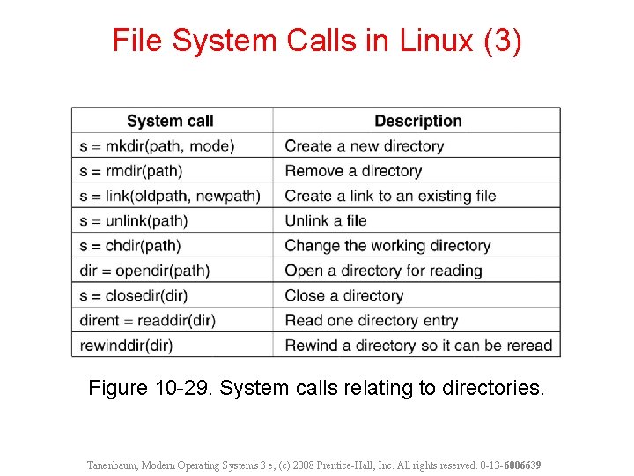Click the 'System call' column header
(170, 121)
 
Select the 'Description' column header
(417, 121)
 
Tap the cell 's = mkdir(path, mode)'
(158, 145)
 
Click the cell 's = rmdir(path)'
(130, 170)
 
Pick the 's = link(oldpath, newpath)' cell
(170, 196)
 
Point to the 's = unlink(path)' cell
(134, 220)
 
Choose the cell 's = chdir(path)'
(130, 245)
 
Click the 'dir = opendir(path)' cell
(144, 271)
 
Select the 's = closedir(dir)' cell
(134, 295)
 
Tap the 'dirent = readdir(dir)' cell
(147, 320)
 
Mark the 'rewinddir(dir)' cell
(126, 346)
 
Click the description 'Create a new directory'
(364, 145)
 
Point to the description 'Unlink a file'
(325, 220)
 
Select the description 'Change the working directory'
(387, 245)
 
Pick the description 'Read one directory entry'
(371, 320)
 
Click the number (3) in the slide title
(503, 41)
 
